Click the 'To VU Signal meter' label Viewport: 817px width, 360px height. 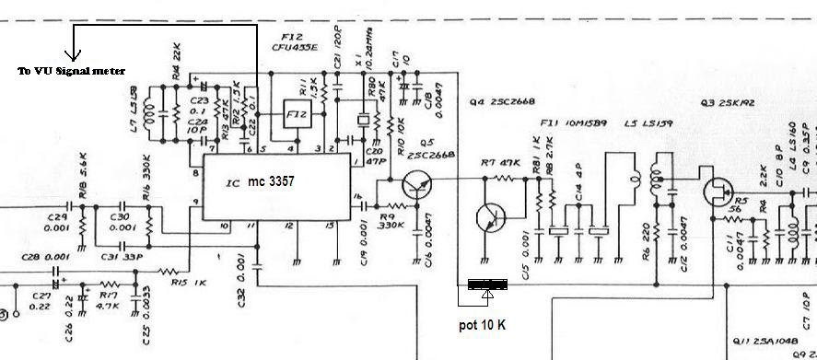click(71, 70)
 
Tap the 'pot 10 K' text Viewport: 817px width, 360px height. click(483, 325)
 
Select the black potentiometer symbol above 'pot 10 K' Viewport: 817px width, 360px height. click(488, 285)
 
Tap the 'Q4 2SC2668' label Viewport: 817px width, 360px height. click(504, 99)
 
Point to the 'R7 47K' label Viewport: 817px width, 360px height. click(494, 163)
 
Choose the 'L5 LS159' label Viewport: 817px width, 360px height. click(648, 123)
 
